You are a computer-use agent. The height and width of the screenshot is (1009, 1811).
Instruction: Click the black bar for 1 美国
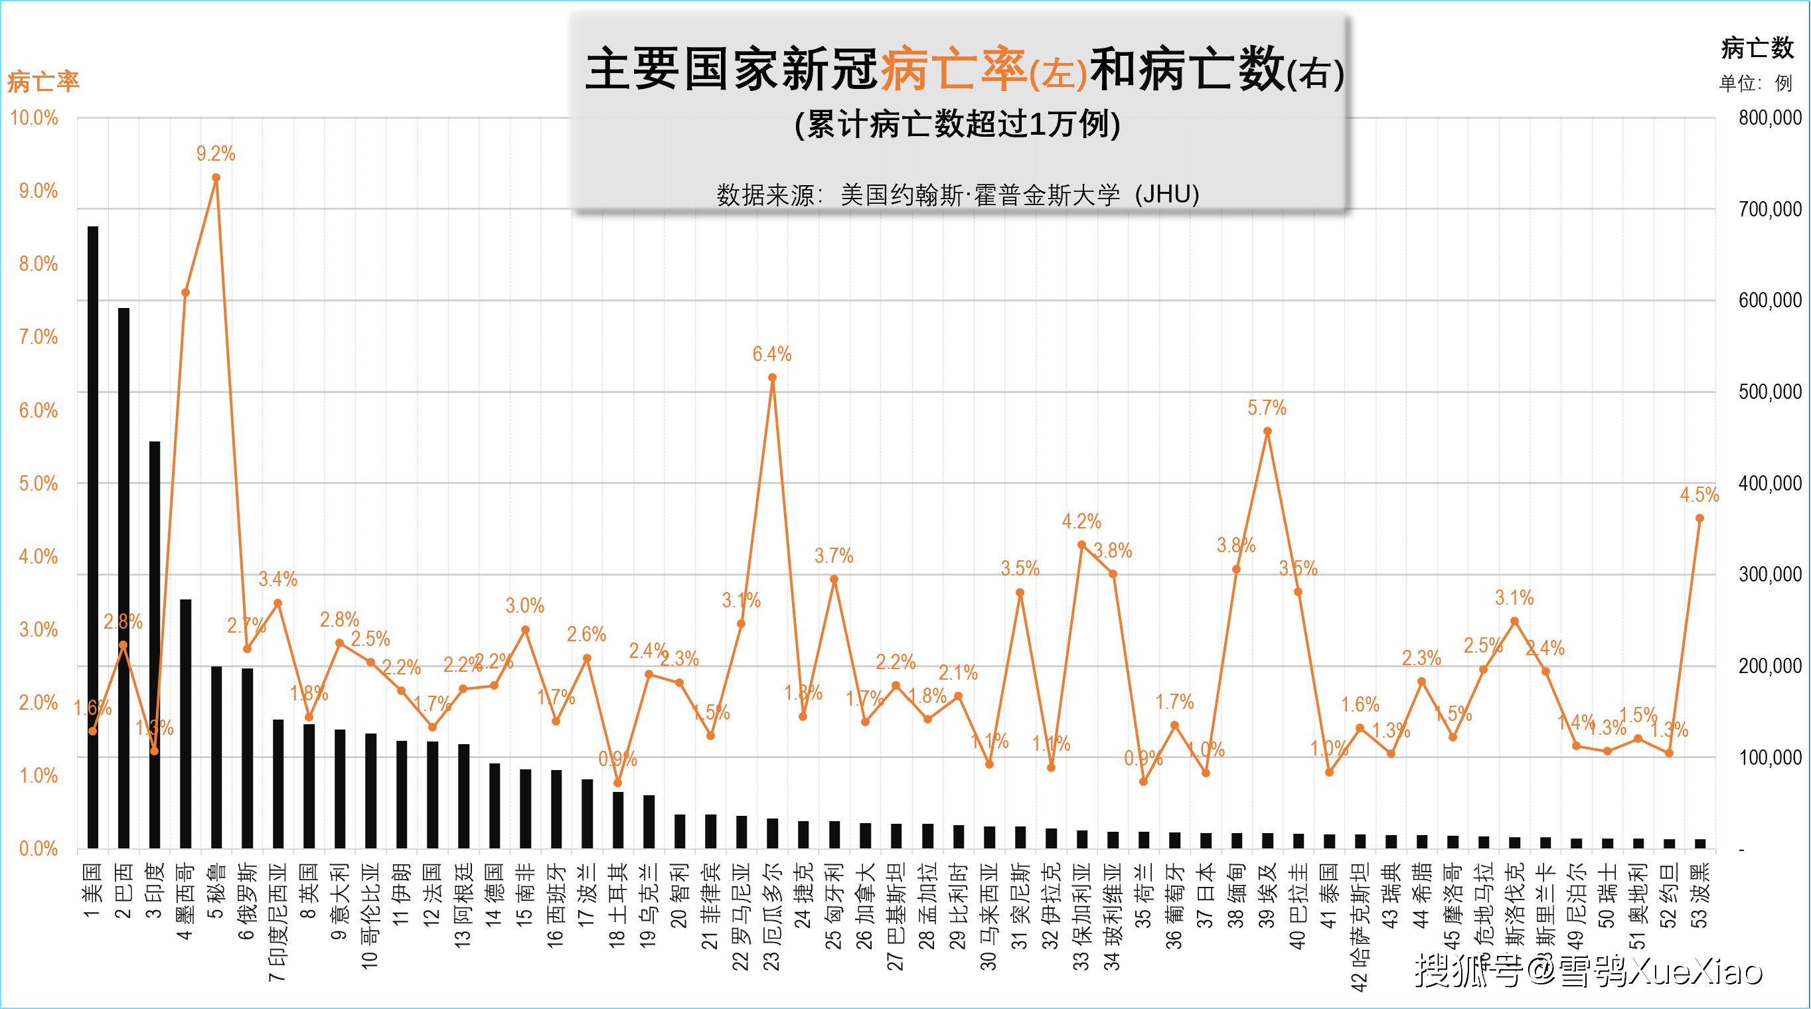pyautogui.click(x=93, y=534)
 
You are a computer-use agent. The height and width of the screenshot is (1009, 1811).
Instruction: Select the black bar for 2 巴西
pyautogui.click(x=123, y=577)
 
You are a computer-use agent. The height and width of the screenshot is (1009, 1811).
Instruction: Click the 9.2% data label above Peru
pyautogui.click(x=216, y=154)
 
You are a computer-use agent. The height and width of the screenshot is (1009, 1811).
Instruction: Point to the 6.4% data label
pyautogui.click(x=772, y=354)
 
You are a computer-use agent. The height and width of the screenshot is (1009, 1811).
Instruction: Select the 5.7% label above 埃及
pyautogui.click(x=1267, y=408)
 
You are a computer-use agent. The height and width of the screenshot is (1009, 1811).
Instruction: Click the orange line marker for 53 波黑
pyautogui.click(x=1700, y=518)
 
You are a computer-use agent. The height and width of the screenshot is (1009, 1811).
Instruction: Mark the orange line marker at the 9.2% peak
pyautogui.click(x=216, y=178)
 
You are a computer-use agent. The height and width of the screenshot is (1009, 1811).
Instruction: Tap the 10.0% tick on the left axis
pyautogui.click(x=34, y=118)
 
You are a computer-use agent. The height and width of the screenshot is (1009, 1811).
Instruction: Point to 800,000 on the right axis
pyautogui.click(x=1771, y=118)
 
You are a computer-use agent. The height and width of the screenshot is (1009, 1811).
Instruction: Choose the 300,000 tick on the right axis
pyautogui.click(x=1771, y=574)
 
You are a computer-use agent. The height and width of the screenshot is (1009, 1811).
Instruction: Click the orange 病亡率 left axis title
pyautogui.click(x=44, y=82)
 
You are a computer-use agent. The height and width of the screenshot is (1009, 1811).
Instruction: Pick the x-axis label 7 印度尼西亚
pyautogui.click(x=277, y=922)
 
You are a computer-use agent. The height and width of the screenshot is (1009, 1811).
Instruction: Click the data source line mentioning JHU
pyautogui.click(x=957, y=194)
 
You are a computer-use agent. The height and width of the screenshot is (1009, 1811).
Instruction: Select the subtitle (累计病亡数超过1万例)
pyautogui.click(x=957, y=124)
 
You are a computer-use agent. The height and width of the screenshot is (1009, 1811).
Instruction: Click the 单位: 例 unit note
pyautogui.click(x=1755, y=84)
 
